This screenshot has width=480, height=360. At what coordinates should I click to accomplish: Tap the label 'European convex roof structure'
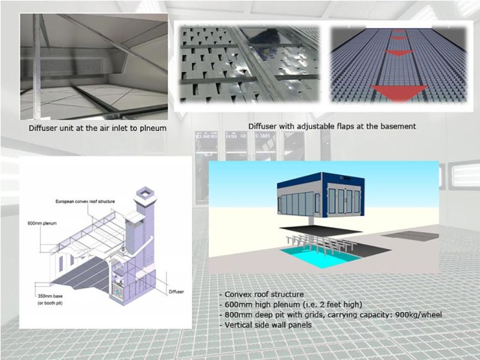click(x=85, y=202)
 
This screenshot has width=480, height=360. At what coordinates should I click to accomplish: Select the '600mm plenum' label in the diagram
click(x=42, y=223)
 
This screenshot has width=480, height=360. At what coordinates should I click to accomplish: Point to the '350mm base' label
click(x=50, y=296)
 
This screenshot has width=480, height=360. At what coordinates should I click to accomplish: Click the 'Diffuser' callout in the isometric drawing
click(x=176, y=292)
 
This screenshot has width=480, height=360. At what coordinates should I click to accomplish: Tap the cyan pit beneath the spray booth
click(x=320, y=257)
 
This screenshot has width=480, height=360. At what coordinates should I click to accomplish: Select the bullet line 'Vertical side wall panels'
click(x=265, y=325)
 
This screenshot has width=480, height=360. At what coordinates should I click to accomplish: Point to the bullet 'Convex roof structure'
click(x=262, y=294)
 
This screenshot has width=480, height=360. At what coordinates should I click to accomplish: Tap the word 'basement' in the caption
click(x=398, y=126)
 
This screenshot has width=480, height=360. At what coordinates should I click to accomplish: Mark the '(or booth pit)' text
click(x=50, y=303)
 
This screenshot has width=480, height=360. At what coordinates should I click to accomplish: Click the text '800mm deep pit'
click(x=253, y=314)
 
